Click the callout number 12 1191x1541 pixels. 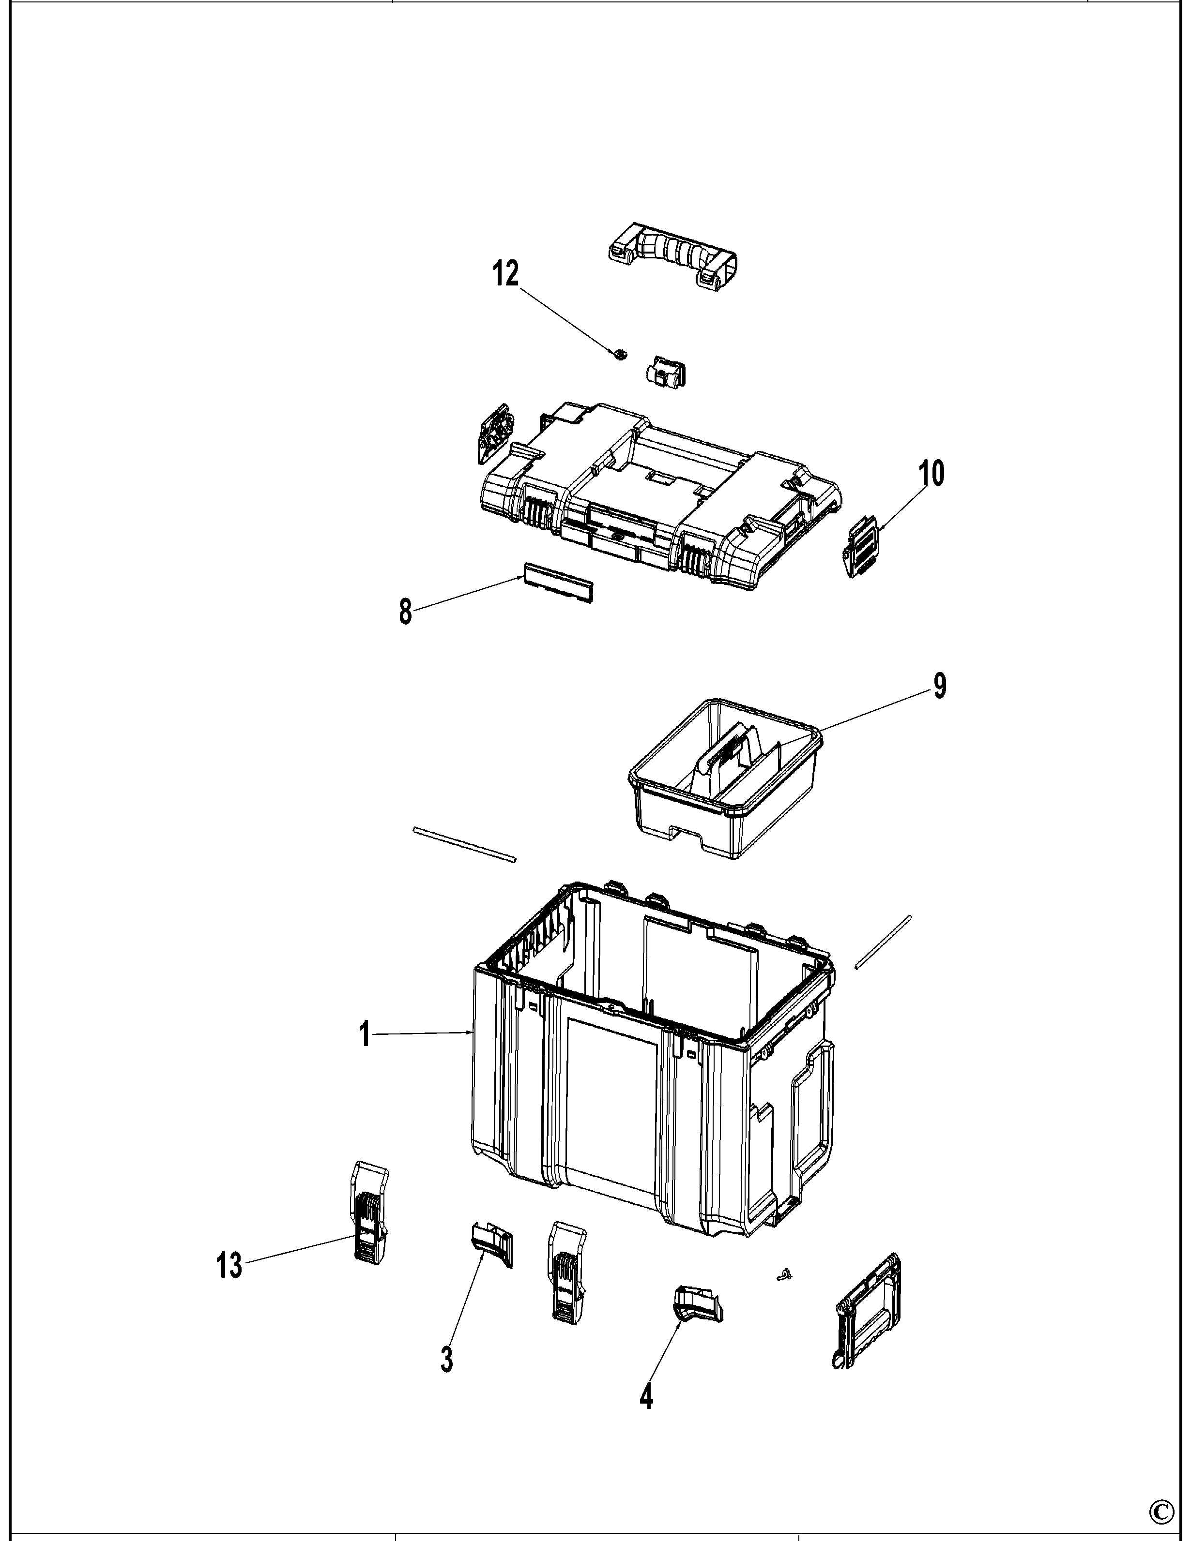coord(505,274)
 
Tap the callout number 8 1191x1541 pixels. coord(405,611)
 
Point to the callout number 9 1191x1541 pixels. coord(940,686)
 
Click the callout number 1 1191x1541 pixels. coord(364,1035)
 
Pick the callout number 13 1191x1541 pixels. coord(229,1266)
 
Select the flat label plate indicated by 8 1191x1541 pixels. coord(558,583)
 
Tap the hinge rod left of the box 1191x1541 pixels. coord(465,845)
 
